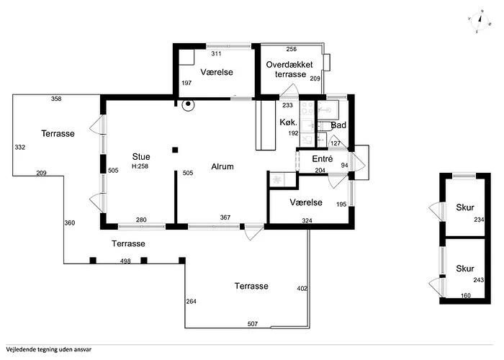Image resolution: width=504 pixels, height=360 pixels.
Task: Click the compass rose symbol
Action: coord(480,21)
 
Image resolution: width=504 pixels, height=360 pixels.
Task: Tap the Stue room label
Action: coord(141,156)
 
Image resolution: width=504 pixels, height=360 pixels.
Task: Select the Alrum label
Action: coord(222,166)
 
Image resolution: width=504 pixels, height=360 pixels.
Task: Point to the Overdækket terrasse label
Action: coord(289,69)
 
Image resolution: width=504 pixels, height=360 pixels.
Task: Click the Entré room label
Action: coord(323,159)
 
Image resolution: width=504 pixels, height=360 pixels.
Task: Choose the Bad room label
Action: coord(338,125)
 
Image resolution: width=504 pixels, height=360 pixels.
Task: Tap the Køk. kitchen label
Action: coord(288,122)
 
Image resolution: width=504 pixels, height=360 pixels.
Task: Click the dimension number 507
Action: coord(253,324)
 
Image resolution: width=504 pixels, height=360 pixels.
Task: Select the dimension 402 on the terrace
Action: coord(302,288)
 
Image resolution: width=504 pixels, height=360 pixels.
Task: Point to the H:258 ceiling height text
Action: coord(140,166)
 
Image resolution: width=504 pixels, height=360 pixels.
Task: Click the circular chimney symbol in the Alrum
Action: coord(188,104)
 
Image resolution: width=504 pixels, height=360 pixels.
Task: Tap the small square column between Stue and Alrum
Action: coord(175,150)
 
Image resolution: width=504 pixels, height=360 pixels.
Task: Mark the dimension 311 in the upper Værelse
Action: coord(216,54)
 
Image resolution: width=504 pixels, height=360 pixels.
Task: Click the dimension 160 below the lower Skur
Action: coord(466,295)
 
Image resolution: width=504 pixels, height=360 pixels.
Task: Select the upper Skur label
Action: coord(465,207)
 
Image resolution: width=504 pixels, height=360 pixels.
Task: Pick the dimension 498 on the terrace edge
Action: coord(125,261)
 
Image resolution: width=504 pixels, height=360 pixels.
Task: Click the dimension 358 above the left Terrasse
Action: coord(56,99)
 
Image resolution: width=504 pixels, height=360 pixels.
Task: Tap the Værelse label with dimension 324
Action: coord(306,202)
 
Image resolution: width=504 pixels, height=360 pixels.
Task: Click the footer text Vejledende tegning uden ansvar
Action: coord(48,349)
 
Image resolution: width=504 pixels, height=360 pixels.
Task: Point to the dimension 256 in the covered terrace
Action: coord(292,49)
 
